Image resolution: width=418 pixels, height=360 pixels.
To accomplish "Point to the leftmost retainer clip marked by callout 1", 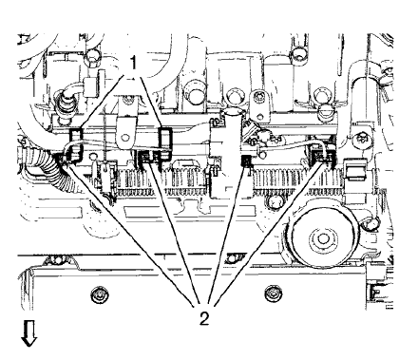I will point(77,143).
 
